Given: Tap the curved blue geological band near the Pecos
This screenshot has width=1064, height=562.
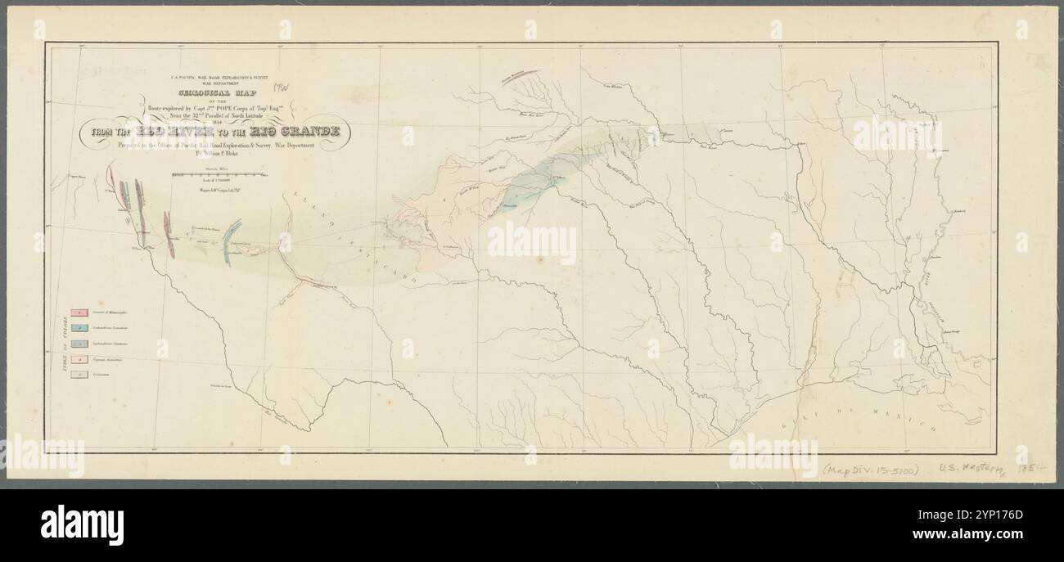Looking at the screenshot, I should coord(232,240).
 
